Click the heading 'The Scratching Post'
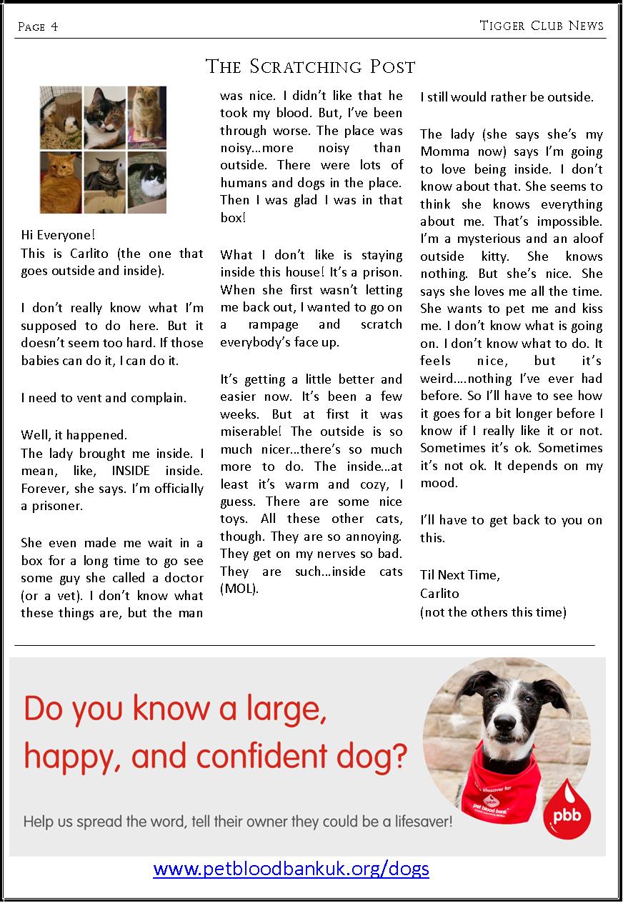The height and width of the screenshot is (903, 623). coord(310,67)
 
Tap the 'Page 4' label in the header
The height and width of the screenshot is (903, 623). coord(38,27)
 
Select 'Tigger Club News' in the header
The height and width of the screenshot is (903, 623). coord(542,26)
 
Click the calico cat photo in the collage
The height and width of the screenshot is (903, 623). coord(104,118)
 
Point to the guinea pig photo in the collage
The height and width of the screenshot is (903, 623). coord(61,118)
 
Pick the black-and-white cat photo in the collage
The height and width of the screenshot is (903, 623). coord(146,182)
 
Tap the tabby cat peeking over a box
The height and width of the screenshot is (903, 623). coord(104,182)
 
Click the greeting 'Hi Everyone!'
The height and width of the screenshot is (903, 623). coord(58,235)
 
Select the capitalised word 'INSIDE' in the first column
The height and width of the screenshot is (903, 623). coord(131,471)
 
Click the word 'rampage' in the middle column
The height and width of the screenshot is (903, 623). coord(269,324)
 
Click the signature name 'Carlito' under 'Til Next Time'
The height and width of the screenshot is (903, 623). coord(439,593)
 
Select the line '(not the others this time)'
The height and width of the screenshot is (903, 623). coord(493,612)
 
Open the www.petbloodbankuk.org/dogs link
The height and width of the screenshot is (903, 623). coord(291,869)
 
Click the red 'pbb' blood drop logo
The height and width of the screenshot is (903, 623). coord(570,812)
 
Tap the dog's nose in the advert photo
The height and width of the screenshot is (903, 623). coord(504,742)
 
